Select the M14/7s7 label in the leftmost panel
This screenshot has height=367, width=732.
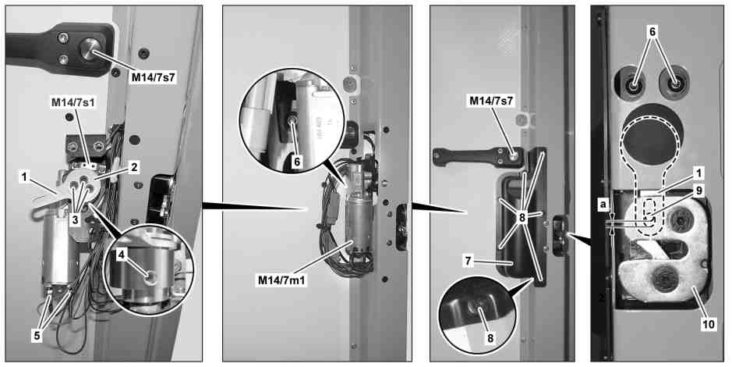[153, 77]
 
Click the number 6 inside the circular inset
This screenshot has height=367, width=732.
[297, 162]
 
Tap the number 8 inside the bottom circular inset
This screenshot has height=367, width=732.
[490, 337]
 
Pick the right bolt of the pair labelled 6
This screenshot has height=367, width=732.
[674, 85]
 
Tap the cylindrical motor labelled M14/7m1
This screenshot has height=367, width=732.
[357, 219]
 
